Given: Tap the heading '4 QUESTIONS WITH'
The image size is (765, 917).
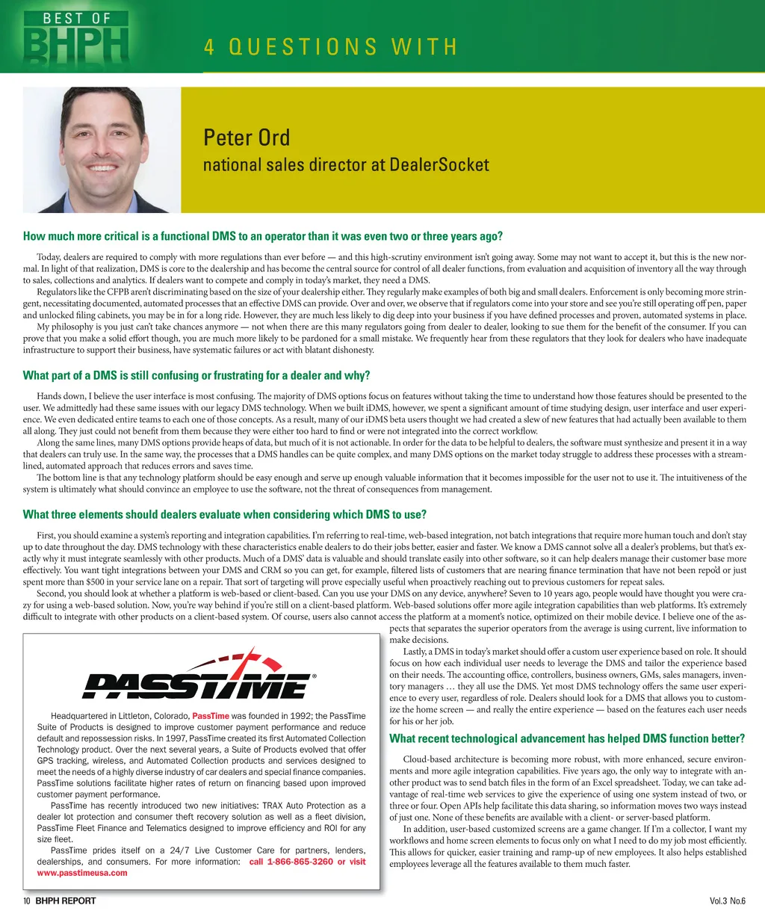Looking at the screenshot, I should pos(329,47).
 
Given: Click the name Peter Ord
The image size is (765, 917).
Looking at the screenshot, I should pos(247,138).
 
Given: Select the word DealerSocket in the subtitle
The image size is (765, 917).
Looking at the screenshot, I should pos(439,164).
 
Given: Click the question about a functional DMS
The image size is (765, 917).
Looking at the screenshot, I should pos(262,236).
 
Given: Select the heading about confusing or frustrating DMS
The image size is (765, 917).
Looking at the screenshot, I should pos(196,375).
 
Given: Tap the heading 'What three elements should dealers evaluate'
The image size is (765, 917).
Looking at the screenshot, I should pos(224,514).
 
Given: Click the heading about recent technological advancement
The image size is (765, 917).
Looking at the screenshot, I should pos(567,738).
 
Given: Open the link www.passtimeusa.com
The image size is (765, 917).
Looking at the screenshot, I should pos(82,872).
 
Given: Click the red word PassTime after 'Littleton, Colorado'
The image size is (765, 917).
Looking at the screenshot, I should pos(211,716).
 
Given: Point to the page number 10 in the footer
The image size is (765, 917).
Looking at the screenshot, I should pos(26,901).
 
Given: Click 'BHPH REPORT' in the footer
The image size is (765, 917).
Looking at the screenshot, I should pos(66,901).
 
